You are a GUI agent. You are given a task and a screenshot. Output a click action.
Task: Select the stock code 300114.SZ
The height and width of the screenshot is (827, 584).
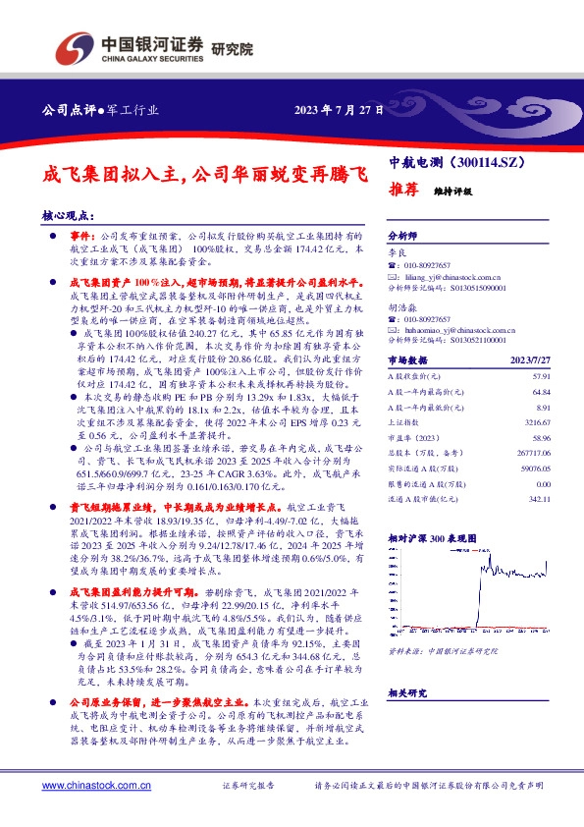(489, 160)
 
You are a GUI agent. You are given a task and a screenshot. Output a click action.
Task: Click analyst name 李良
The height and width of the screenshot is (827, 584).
(397, 252)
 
